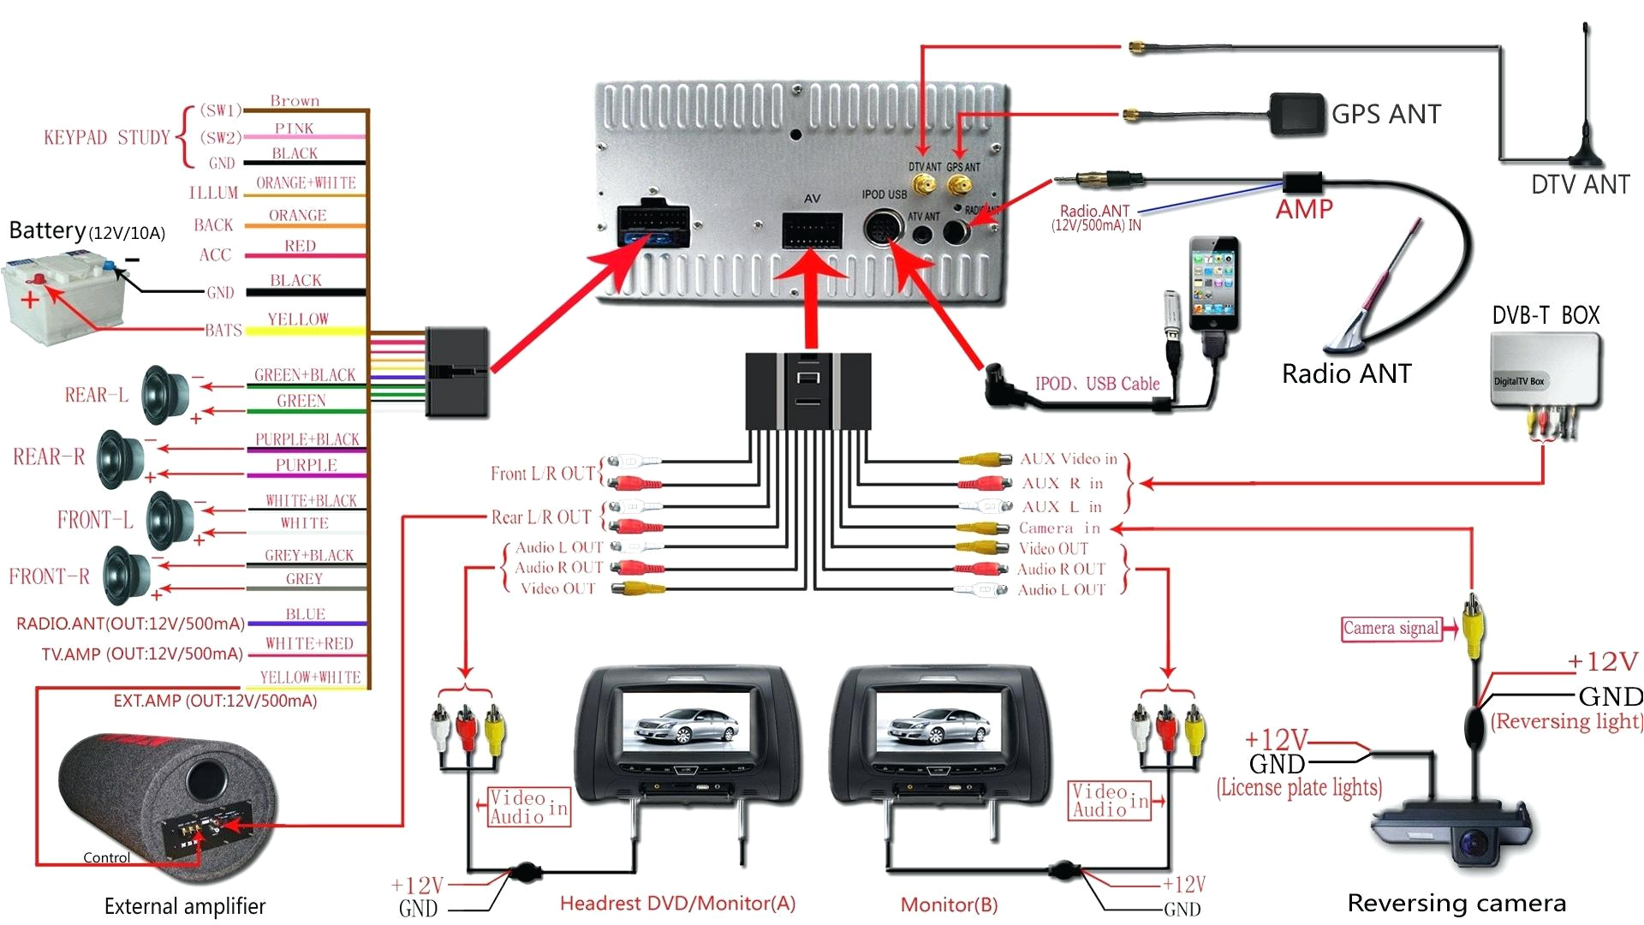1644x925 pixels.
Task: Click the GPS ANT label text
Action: click(1386, 114)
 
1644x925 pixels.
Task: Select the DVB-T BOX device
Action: click(1546, 369)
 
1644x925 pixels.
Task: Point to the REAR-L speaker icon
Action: click(166, 394)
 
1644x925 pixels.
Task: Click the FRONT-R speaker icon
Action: click(127, 576)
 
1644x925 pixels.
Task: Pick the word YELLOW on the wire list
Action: click(298, 319)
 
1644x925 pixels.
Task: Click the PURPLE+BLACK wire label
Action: click(307, 439)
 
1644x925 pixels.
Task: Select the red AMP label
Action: click(1304, 209)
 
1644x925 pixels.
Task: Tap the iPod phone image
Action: click(1213, 284)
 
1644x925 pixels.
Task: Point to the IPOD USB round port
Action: click(883, 230)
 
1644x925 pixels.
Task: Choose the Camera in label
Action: click(1059, 528)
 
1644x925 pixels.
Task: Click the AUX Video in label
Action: click(1069, 459)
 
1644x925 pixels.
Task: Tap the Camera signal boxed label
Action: click(1391, 629)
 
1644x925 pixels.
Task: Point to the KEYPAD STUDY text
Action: click(107, 137)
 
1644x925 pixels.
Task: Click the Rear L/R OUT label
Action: click(541, 517)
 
